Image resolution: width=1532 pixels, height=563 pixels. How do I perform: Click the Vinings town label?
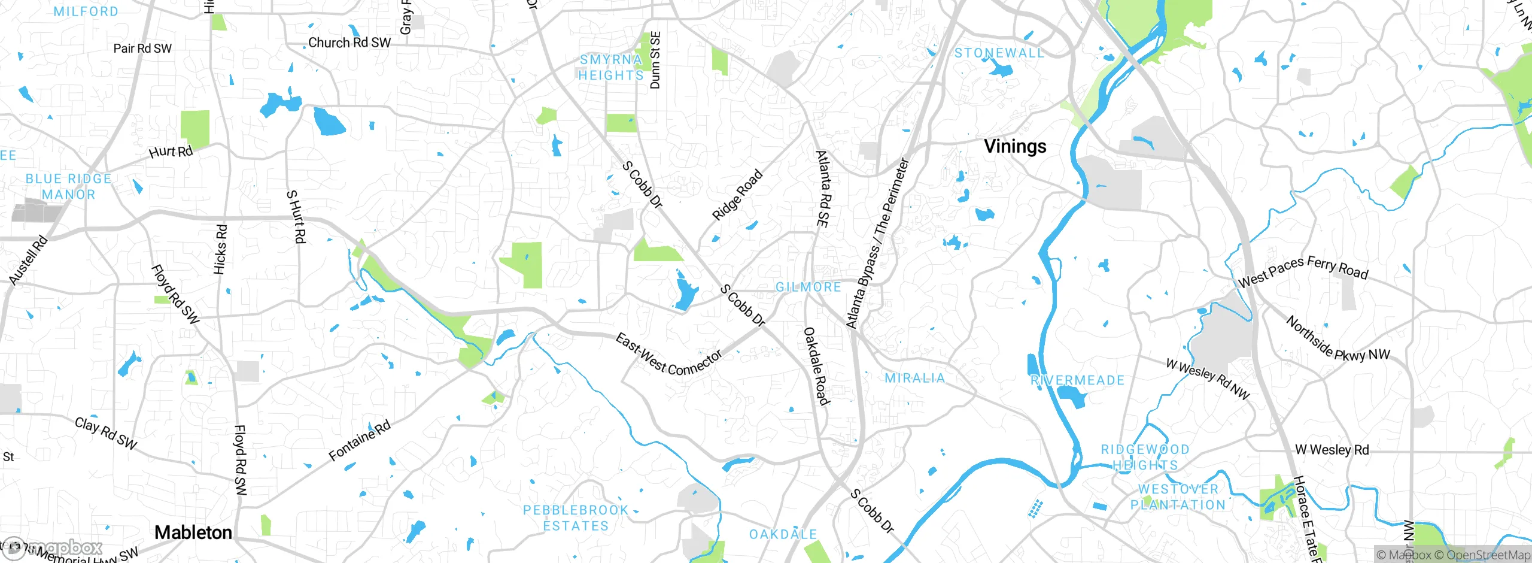click(1015, 146)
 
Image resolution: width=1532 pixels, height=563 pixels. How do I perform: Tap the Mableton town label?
click(193, 532)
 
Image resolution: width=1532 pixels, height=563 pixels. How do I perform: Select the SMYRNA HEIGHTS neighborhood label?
click(611, 68)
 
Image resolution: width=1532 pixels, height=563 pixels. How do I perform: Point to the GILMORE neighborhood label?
click(808, 287)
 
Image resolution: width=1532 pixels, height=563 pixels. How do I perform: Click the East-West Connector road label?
click(669, 355)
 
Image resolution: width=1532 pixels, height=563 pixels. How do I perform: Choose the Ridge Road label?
click(737, 195)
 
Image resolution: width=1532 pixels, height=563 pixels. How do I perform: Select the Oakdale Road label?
click(816, 366)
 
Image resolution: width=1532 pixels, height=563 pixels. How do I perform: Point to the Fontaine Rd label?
click(360, 441)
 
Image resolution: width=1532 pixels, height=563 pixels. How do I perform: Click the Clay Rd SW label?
click(106, 433)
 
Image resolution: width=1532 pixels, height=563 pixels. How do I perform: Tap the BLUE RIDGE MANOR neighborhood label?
click(68, 187)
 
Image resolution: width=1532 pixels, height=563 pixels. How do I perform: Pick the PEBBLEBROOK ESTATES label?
click(575, 518)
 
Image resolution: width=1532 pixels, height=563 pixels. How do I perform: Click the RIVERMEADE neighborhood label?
click(1077, 380)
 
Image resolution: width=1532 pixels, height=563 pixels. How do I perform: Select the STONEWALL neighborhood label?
click(999, 53)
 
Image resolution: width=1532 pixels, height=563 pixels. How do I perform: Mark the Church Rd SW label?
click(349, 43)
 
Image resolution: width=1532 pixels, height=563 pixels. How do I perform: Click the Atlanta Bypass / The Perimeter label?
click(877, 243)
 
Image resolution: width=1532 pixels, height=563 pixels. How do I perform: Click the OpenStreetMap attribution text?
click(1488, 555)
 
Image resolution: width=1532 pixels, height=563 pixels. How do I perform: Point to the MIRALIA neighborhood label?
click(915, 379)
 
